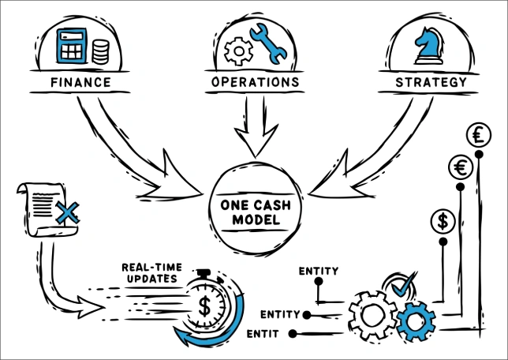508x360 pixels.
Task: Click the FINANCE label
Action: (79, 82)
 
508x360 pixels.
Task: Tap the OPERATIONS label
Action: (255, 82)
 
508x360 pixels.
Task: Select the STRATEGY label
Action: (431, 82)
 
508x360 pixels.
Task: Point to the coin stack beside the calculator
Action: (101, 53)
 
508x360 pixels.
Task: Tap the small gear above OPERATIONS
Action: (237, 52)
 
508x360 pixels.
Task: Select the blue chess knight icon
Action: (431, 47)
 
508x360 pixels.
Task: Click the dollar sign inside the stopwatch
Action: (204, 306)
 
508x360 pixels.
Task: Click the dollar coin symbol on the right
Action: (443, 221)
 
